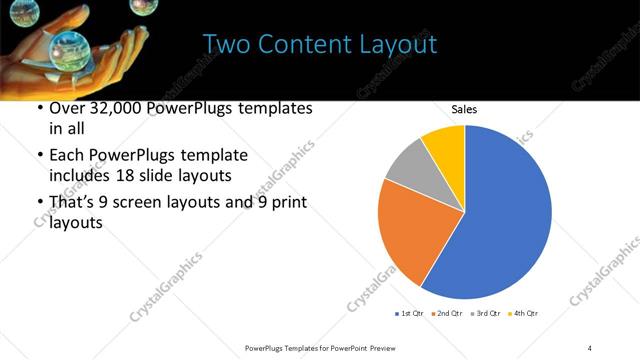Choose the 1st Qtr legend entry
(411, 314)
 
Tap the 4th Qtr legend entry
(523, 314)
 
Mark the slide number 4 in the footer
(589, 347)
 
